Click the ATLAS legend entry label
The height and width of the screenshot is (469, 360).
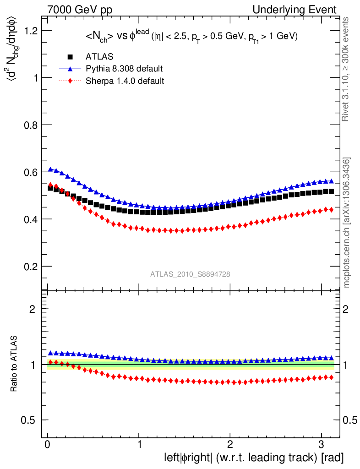click(x=99, y=57)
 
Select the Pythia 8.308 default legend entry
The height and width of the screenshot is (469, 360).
click(x=124, y=69)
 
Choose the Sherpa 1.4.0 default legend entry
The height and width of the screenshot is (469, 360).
click(x=125, y=81)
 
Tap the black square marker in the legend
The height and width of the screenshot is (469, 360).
click(x=70, y=57)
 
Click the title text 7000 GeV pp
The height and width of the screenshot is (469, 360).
click(x=80, y=10)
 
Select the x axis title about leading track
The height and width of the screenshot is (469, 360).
click(x=254, y=458)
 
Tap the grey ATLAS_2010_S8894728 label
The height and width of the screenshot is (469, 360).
click(x=190, y=274)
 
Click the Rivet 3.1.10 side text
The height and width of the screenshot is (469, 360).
click(x=347, y=69)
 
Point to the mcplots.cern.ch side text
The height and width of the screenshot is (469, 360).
click(x=347, y=223)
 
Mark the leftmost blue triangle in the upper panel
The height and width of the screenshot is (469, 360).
click(x=50, y=169)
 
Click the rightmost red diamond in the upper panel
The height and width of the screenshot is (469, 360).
click(x=331, y=209)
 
